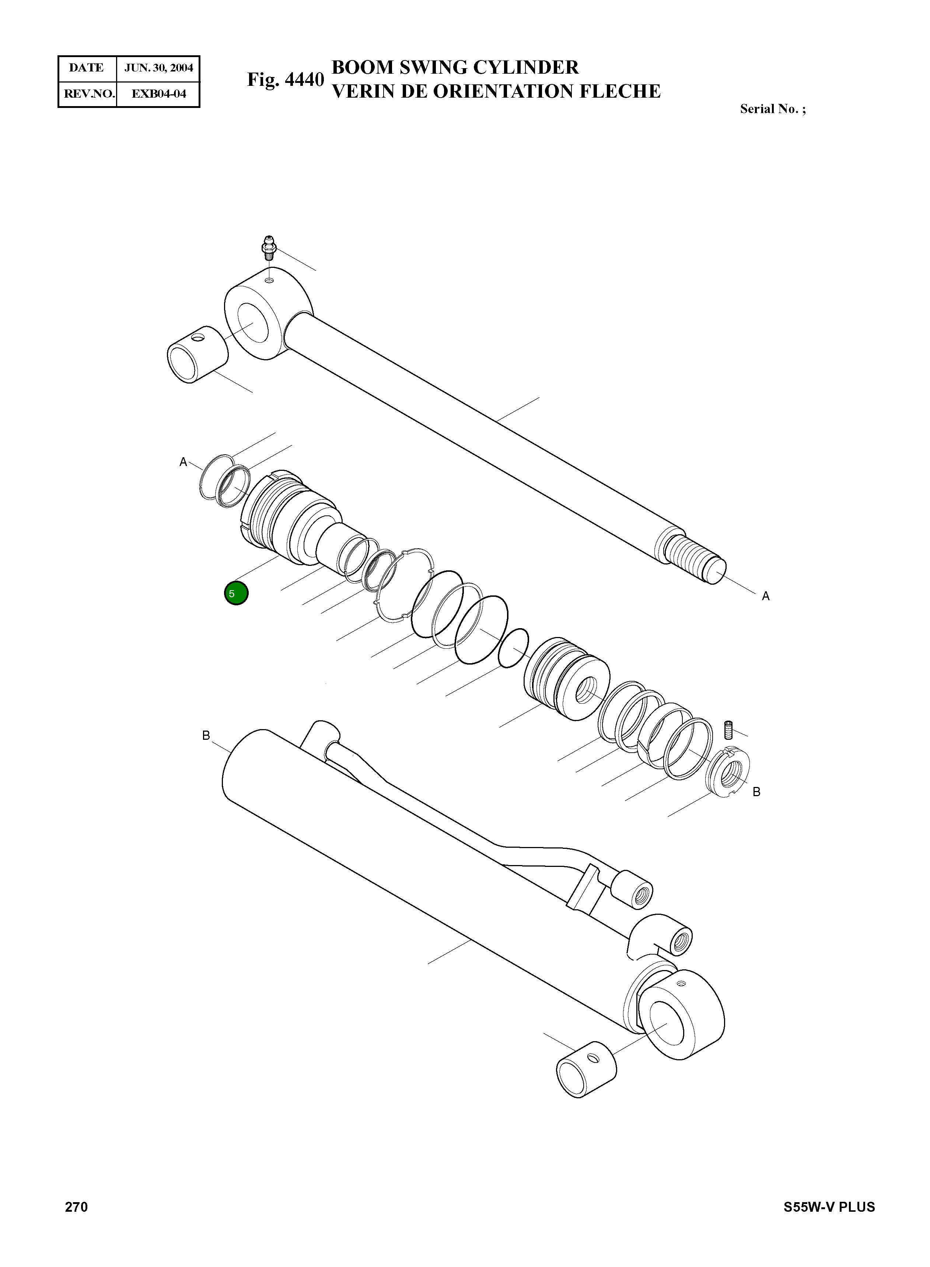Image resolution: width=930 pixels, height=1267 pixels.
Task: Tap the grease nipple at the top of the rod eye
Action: pos(269,247)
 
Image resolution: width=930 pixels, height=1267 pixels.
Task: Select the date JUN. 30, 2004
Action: pos(158,68)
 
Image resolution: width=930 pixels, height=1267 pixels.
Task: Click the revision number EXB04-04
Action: pos(158,94)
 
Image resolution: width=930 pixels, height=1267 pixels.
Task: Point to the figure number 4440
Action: pos(286,80)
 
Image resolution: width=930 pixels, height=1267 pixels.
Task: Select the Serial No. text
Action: pos(772,109)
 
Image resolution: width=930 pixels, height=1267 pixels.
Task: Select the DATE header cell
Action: pos(87,68)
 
